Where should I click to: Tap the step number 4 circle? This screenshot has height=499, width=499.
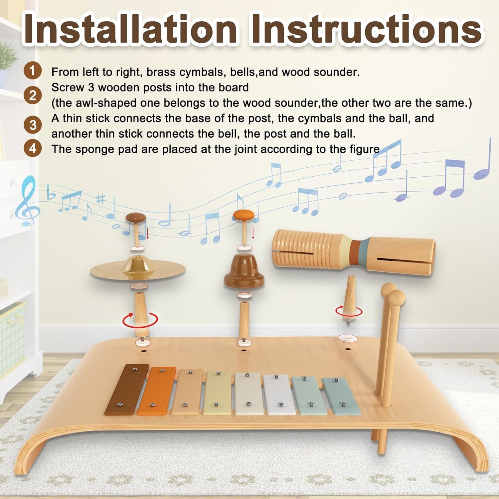[32, 148]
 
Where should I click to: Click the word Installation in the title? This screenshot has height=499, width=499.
[130, 29]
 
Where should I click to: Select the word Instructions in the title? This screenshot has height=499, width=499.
[366, 29]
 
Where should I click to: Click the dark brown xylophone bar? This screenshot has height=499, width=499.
[127, 389]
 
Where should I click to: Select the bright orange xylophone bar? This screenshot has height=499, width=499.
[156, 392]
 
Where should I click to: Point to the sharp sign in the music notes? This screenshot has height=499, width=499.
[100, 199]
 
